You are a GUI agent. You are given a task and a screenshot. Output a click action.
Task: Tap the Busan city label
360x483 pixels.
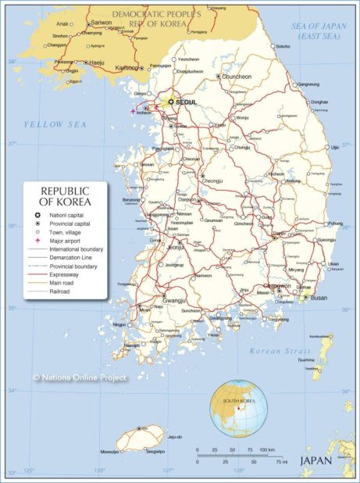pos(319,298)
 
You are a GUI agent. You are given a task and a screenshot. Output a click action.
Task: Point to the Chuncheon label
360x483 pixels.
pos(237,77)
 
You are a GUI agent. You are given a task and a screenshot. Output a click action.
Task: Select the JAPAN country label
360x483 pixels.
pos(316,460)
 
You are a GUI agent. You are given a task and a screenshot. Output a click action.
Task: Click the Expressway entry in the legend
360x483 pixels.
pos(66,275)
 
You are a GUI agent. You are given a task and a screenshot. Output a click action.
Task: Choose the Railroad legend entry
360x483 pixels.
pos(61,292)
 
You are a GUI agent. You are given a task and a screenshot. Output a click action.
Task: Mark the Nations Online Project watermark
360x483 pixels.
pos(79,377)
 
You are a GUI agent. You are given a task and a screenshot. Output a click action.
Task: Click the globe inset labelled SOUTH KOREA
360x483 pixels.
pos(239,408)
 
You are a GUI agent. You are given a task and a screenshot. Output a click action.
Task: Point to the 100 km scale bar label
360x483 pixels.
pos(266,450)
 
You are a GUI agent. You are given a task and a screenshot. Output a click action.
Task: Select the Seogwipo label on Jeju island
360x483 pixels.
pos(152,451)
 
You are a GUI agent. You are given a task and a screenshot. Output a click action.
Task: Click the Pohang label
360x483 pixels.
pos(335,224)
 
